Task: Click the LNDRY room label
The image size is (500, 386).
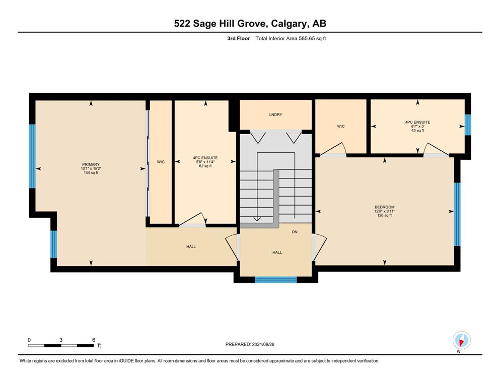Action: pos(275,115)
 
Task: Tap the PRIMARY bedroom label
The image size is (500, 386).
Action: pos(91,164)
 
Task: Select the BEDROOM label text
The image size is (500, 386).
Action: pos(385,207)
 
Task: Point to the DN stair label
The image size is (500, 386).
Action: pos(295,232)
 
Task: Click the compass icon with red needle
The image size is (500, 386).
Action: pos(461,340)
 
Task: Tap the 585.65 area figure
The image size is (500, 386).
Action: pos(307,39)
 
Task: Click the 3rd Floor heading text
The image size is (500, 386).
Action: pos(238,39)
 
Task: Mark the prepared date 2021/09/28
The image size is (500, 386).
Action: pos(263,344)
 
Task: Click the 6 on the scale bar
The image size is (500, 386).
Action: pos(94,340)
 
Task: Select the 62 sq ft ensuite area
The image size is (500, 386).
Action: pos(205,166)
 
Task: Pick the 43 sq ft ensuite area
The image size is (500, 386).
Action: pos(418,131)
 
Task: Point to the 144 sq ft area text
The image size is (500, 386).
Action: pos(91,173)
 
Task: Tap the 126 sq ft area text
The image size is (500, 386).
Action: pos(385,216)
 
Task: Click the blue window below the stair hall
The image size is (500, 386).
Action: pos(276,280)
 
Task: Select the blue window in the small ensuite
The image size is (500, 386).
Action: pos(468,125)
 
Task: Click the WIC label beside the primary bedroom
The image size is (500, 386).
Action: pos(161,162)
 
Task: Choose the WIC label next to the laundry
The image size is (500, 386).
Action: pos(341,126)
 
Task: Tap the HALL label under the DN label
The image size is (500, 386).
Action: pos(277,252)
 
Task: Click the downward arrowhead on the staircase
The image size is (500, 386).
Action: pos(257,219)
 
